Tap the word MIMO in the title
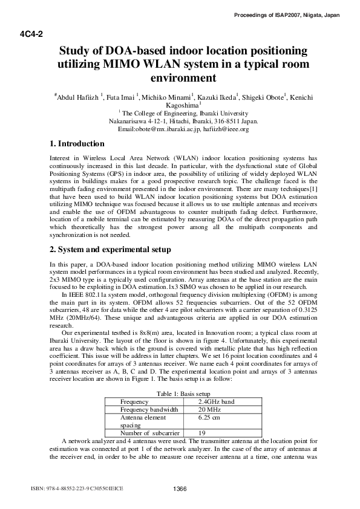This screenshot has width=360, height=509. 123,64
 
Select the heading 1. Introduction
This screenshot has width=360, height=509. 77,144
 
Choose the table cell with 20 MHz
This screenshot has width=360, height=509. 211,409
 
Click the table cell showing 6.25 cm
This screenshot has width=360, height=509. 209,417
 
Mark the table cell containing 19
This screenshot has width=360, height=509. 203,433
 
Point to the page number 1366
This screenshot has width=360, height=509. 180,488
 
